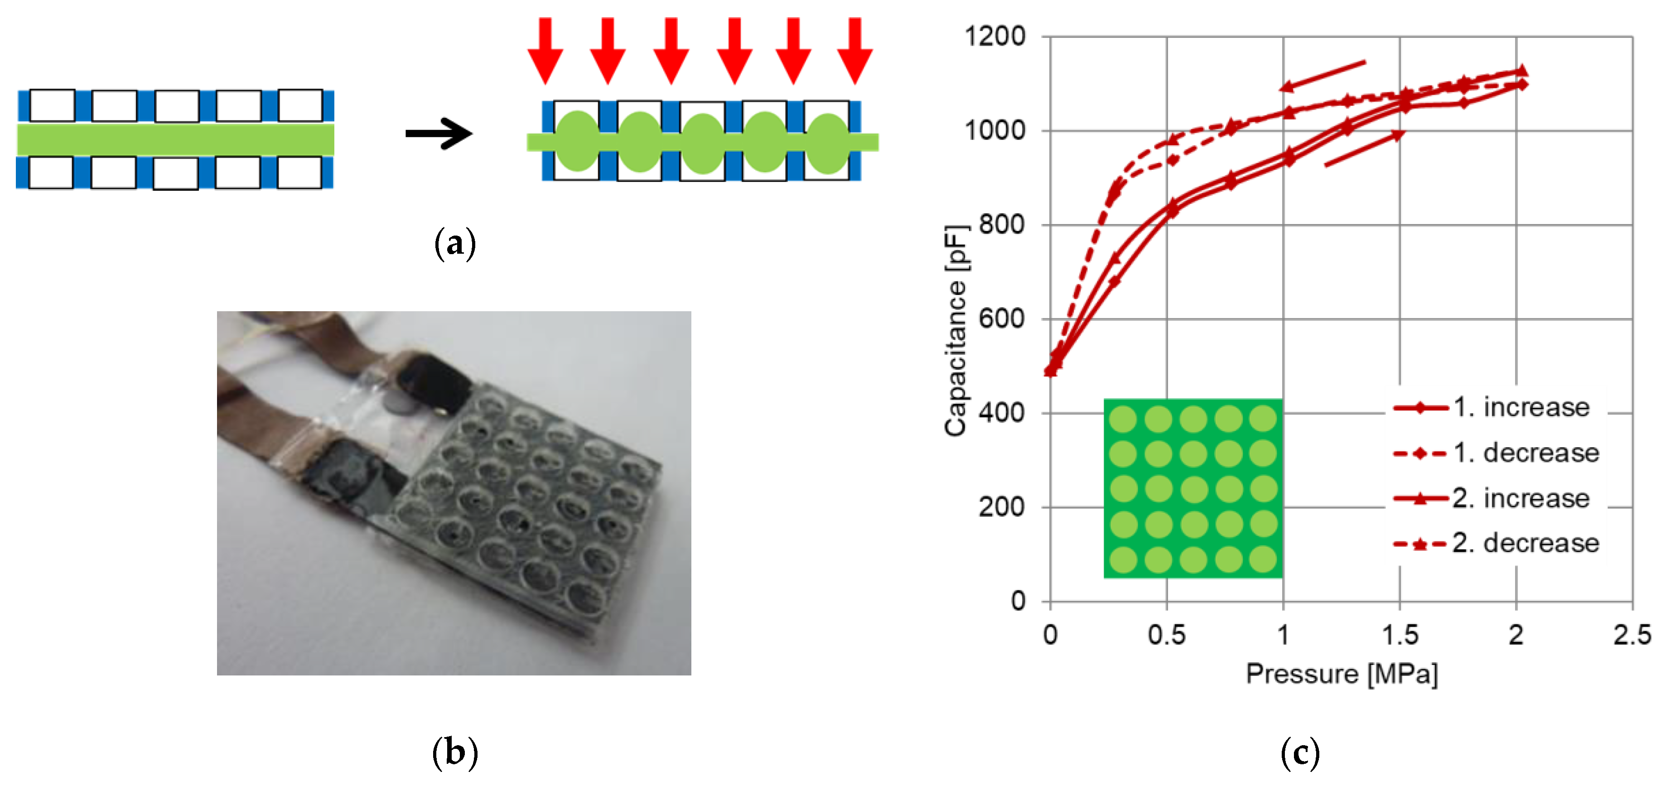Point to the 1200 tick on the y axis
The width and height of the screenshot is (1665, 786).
point(995,36)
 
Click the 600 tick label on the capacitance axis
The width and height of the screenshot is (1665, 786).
point(1001,318)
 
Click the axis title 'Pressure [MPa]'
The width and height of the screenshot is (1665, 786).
point(1341,674)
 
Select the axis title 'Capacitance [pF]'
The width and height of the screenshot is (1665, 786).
point(956,330)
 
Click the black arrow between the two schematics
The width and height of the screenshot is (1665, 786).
point(439,134)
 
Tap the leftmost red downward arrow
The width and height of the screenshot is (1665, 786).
point(545,50)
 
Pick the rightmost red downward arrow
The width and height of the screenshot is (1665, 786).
point(854,50)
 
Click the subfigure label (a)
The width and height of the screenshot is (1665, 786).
point(455,244)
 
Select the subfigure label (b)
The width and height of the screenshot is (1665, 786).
point(455,752)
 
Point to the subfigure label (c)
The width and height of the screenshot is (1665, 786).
point(1300,752)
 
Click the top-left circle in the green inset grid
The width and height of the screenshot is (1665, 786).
point(1123,419)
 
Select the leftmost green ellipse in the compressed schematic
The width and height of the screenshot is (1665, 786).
point(577,141)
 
